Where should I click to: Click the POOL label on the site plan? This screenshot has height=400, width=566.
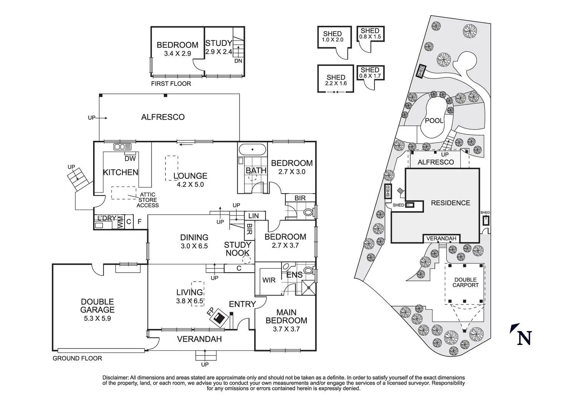tap(434, 121)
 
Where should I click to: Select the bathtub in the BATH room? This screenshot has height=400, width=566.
tap(252, 149)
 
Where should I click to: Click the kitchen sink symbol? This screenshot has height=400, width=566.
tap(122, 147)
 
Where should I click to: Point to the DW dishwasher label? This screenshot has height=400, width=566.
tap(130, 158)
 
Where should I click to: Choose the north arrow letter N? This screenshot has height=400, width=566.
tap(524, 338)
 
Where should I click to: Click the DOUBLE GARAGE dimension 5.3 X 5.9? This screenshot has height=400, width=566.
tap(98, 318)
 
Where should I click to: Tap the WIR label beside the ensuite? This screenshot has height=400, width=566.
tap(269, 280)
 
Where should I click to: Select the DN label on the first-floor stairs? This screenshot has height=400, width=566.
tap(238, 61)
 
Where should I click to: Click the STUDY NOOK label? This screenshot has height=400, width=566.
tap(237, 249)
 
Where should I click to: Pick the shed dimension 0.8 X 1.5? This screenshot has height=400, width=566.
tap(370, 37)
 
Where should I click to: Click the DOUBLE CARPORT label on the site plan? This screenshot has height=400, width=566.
tap(465, 282)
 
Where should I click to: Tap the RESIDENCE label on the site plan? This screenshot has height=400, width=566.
tap(450, 203)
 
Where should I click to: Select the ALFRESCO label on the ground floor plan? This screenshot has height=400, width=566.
tap(163, 117)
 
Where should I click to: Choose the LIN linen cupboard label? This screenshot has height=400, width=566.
tap(254, 216)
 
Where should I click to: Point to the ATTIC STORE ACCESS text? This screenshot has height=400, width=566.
tap(148, 200)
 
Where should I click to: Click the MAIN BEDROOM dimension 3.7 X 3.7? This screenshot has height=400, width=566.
tap(286, 329)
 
